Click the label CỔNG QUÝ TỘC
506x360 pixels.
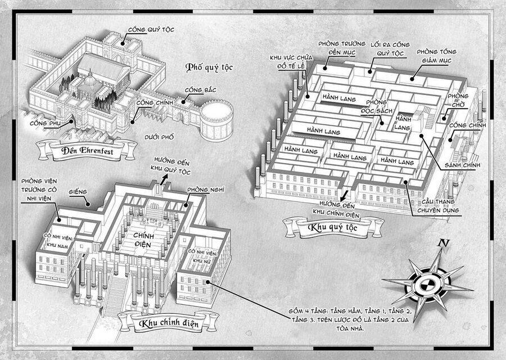click(151, 30)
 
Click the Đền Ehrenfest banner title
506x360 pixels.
click(87, 150)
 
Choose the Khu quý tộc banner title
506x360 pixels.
click(333, 227)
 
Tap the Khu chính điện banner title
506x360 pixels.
click(169, 323)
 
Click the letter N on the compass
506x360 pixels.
click(444, 243)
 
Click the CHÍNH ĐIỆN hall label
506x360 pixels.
click(143, 240)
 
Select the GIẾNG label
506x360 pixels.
click(78, 192)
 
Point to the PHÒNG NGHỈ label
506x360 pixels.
click(206, 190)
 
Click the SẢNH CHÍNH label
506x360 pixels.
click(462, 165)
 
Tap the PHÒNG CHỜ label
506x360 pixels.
click(458, 101)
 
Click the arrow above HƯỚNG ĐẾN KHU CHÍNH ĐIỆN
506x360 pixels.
click(344, 196)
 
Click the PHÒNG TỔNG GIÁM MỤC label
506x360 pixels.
click(436, 56)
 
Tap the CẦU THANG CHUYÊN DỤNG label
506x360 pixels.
click(438, 206)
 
